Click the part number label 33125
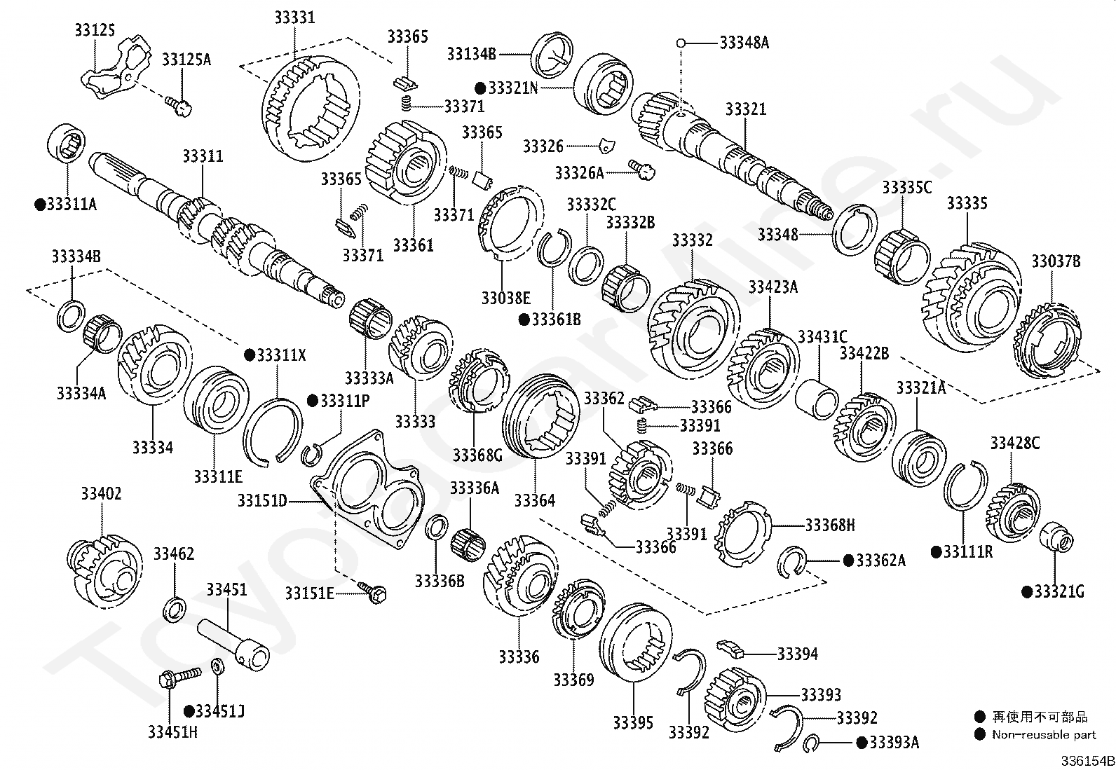[x=94, y=30]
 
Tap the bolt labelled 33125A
[x=180, y=106]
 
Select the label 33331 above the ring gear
[x=294, y=18]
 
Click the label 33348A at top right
[x=744, y=43]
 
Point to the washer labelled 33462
[x=175, y=609]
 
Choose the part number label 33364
[x=535, y=500]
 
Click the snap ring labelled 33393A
[x=813, y=743]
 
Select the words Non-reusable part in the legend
[x=1043, y=734]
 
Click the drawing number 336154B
[x=1086, y=761]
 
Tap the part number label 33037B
[x=1055, y=261]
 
